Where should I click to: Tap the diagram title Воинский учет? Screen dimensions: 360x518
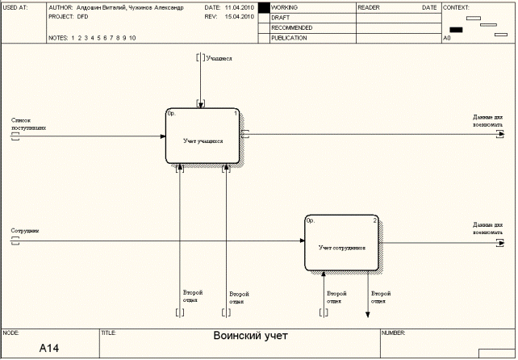coord(250,336)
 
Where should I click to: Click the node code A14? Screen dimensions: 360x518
coord(49,348)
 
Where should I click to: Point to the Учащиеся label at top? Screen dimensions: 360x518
coord(219,58)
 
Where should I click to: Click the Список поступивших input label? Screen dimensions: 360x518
coord(23,123)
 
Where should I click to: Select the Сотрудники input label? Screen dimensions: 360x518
coord(25,231)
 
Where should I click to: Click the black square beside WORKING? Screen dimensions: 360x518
coord(264,6)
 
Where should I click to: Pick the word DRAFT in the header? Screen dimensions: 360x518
coord(280,17)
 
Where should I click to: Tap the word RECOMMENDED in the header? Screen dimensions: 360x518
coord(291,27)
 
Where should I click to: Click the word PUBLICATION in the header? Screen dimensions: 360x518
coord(289,38)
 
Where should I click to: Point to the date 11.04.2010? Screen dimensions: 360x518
coord(240,6)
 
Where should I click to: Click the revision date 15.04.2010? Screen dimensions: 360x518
coord(240,16)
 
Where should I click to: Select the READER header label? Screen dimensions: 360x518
coord(370,6)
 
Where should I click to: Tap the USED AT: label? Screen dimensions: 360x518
coord(15,6)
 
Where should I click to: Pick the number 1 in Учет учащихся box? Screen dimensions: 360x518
coord(235,114)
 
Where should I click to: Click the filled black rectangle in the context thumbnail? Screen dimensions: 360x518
coord(456,30)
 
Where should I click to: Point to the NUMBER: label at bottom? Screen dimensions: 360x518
coord(393,332)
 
